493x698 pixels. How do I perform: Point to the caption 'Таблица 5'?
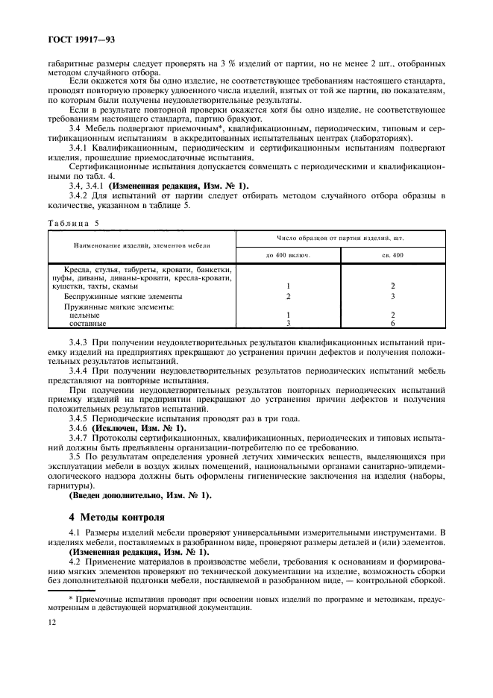[73, 222]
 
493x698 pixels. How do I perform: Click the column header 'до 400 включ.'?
[287, 254]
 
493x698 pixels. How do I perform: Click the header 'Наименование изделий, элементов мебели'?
[141, 245]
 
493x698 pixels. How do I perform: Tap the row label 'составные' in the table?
[87, 324]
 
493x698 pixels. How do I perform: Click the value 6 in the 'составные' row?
[392, 324]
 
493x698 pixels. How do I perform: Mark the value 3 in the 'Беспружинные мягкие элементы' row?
[392, 296]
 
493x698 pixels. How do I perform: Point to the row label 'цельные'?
[84, 315]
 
